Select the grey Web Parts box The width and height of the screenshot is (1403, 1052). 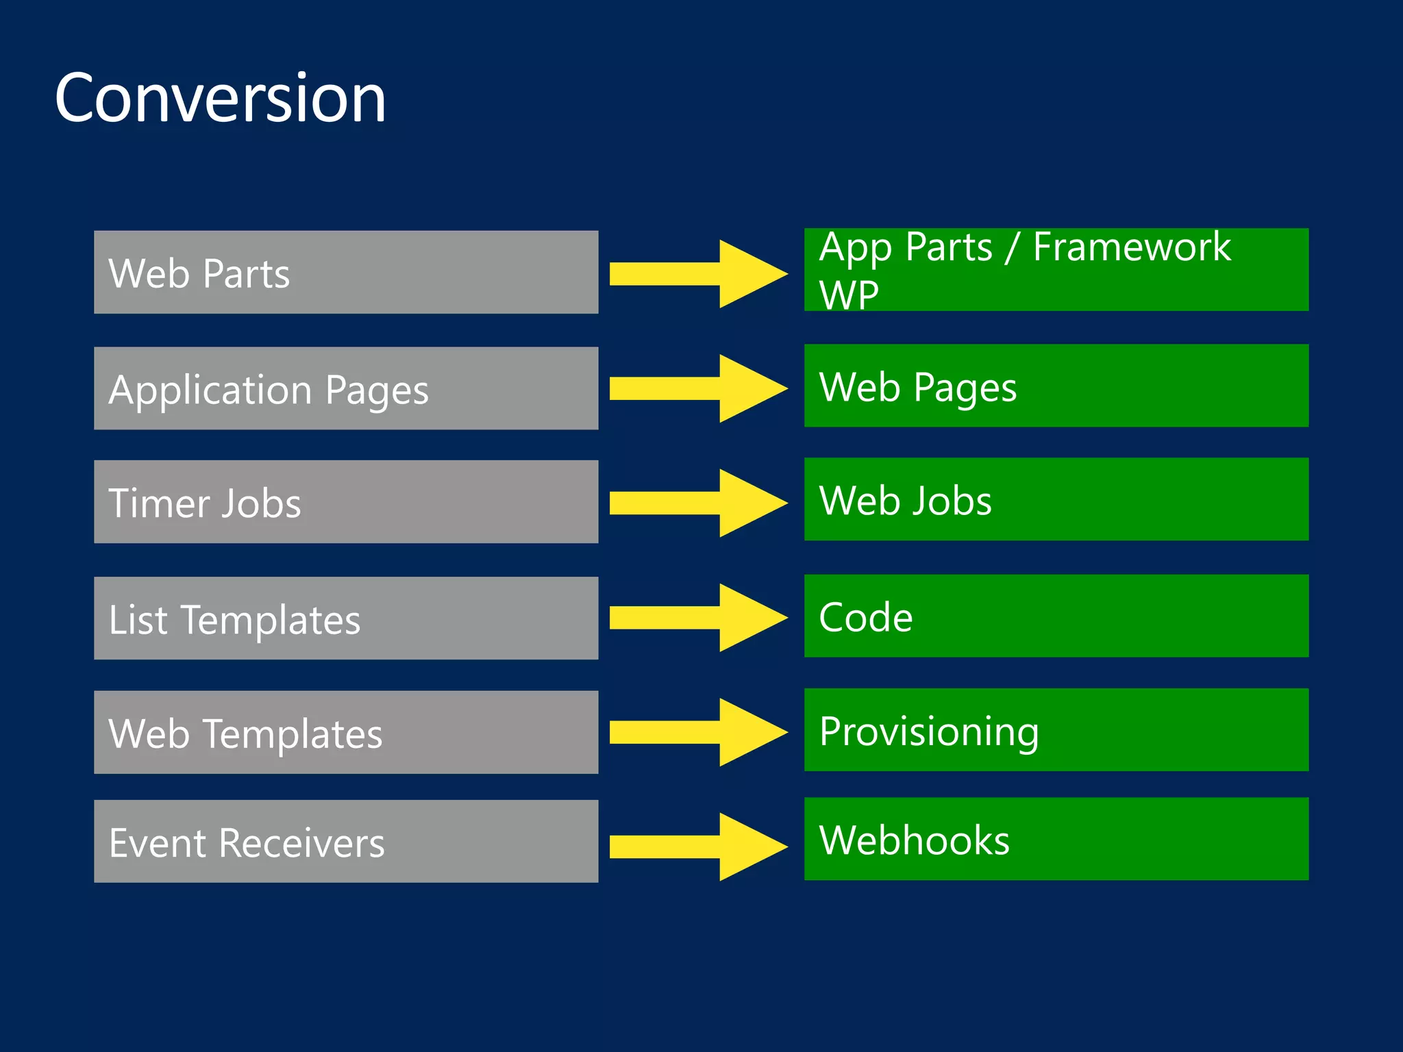coord(346,272)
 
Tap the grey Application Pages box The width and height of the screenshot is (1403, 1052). coord(346,388)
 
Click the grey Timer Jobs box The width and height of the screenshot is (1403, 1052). coord(346,501)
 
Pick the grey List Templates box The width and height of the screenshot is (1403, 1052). coord(346,618)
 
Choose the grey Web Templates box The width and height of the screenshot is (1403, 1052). coord(346,731)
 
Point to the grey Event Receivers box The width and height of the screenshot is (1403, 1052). coord(346,841)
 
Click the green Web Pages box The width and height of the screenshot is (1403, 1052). coord(1056,386)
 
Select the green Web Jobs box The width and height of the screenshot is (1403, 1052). coord(1056,499)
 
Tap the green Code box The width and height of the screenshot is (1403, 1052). coord(1056,616)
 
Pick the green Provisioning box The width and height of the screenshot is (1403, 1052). coord(1056,729)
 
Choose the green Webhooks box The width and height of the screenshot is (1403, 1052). coord(1056,838)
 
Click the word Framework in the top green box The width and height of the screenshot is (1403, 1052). coord(1131,247)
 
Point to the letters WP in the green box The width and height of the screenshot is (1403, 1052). coord(848,295)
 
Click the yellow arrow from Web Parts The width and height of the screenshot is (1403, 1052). coord(697,274)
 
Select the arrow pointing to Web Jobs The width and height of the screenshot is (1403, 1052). coord(697,503)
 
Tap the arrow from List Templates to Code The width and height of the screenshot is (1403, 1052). coord(697,618)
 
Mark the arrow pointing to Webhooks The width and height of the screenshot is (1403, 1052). coord(697,847)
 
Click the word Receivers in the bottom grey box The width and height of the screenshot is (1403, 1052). coord(301,842)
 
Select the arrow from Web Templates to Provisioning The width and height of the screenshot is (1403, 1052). coord(697,732)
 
